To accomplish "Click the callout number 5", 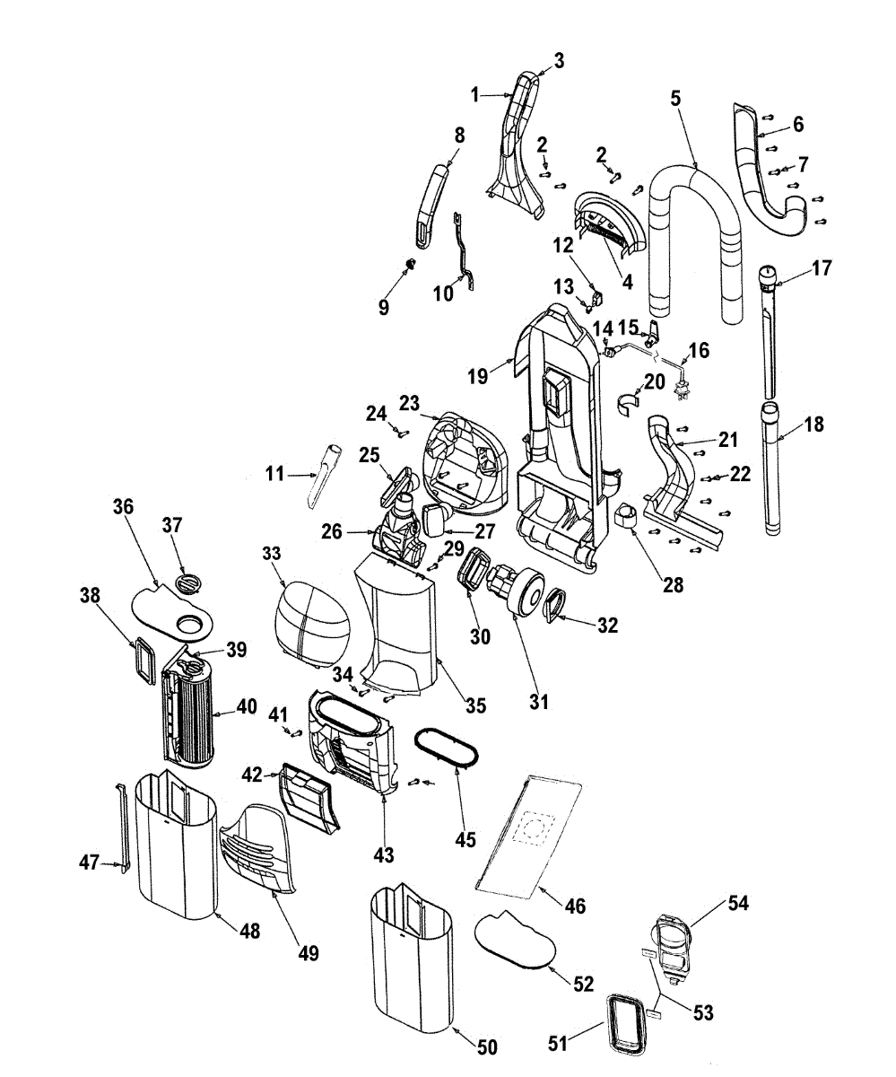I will (x=675, y=100).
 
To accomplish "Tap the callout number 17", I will (x=822, y=267).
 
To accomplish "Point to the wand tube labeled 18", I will (x=774, y=476).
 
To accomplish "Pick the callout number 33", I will (x=272, y=555).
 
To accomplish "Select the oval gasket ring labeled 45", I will (x=446, y=747).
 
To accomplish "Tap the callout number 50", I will (x=487, y=1046).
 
